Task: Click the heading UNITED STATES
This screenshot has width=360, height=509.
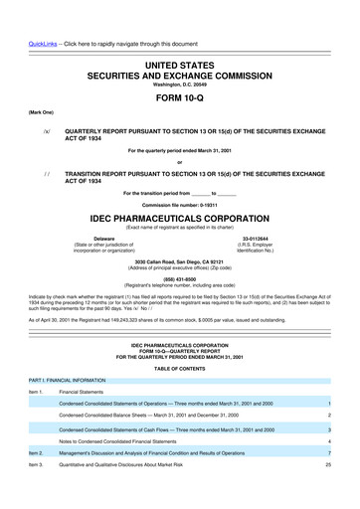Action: coord(179,36)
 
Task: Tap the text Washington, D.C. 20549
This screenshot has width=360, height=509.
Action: coord(179,56)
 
